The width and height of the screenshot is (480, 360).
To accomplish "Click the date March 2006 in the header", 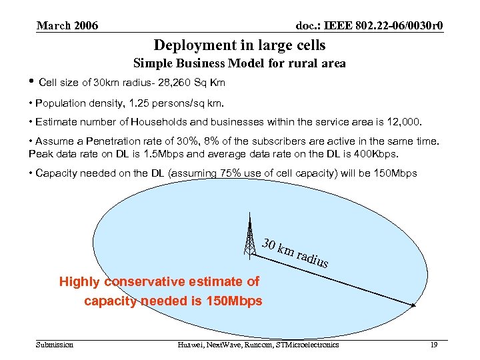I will coord(67,26).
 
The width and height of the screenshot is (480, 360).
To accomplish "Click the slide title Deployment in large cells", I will coord(239,45).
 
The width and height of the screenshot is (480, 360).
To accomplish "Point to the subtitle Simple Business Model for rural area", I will coord(239,64).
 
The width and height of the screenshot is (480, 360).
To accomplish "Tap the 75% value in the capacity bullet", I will coord(233,173).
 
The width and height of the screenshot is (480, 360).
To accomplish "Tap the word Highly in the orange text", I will coord(77,282).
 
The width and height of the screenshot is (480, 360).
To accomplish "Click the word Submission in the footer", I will coord(55,345).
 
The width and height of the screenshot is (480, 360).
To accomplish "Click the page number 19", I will coord(435,345).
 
